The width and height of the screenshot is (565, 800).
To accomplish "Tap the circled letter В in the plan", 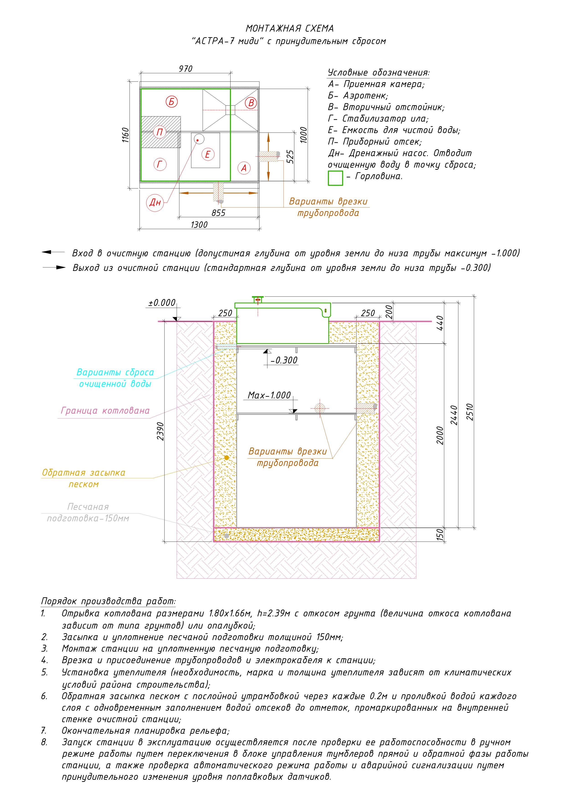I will (x=251, y=103).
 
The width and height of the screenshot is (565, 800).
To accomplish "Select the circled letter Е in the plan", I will (x=208, y=154).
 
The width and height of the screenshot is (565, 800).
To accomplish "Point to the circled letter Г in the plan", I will (x=160, y=164).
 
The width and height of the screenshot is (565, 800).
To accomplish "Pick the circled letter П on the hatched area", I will (x=160, y=132).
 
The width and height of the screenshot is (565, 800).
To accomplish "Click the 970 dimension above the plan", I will (x=185, y=69).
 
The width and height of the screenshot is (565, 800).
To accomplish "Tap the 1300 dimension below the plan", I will (x=199, y=225).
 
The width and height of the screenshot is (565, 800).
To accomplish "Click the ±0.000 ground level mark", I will (x=162, y=303).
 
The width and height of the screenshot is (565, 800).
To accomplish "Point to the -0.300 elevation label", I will (x=284, y=360).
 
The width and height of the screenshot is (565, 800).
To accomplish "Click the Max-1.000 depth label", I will (x=269, y=395).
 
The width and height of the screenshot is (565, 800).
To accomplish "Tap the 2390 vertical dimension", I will (x=160, y=431).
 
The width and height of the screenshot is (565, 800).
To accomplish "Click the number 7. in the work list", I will (x=44, y=730).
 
